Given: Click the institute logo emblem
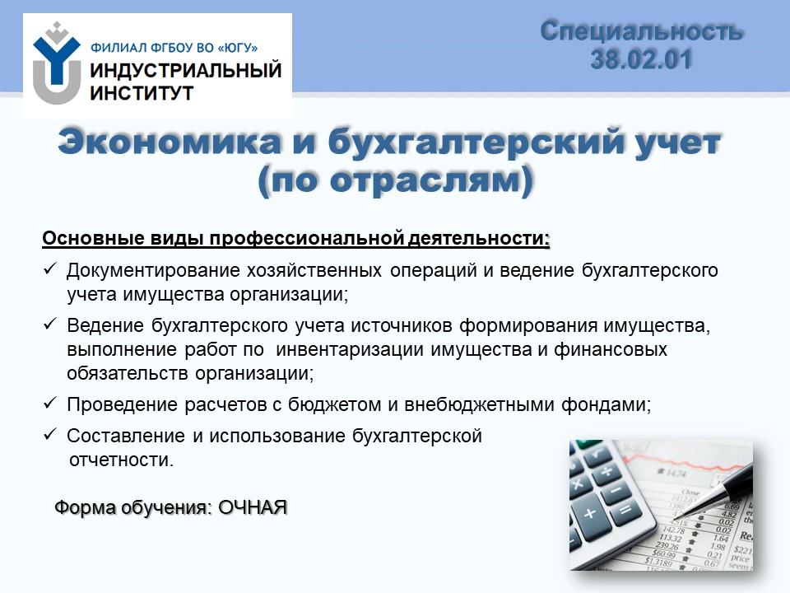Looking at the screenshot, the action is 57,63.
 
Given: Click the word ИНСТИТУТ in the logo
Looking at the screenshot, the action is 142,93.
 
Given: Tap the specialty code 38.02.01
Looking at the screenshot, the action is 641,59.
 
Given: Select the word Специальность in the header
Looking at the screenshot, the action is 641,31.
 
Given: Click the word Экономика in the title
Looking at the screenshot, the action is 170,142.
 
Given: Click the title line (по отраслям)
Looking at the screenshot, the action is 396,180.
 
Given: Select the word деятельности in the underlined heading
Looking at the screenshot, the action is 478,239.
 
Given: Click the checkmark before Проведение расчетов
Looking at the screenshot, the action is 50,403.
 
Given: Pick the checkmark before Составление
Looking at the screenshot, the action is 50,434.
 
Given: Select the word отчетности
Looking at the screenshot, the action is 121,460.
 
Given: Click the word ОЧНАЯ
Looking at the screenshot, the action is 253,507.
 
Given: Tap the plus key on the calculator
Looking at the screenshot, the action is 590,513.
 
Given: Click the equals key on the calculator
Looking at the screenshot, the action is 625,511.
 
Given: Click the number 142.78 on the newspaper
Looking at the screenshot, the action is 672,530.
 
